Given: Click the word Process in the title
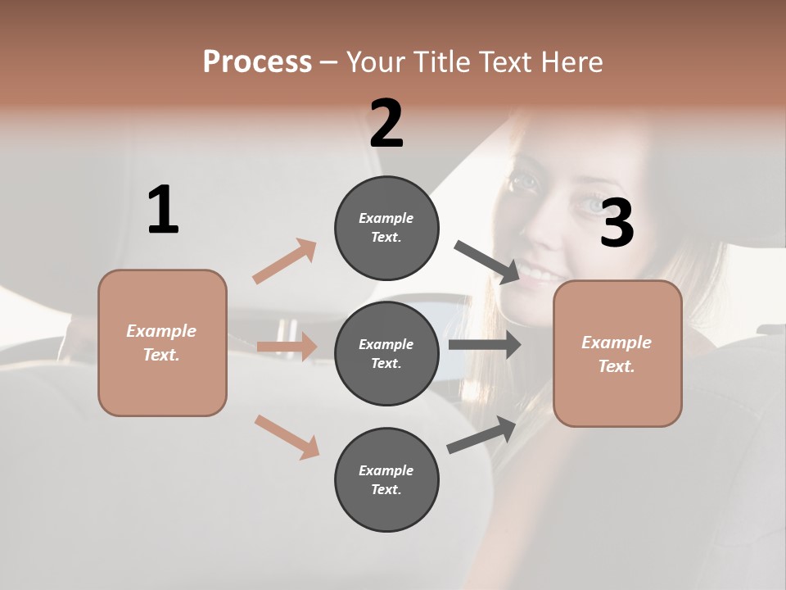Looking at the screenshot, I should (257, 62).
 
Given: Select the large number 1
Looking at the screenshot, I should (163, 211).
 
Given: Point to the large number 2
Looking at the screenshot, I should (386, 124).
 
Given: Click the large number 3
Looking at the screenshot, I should (617, 224).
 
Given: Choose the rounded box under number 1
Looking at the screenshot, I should (162, 343).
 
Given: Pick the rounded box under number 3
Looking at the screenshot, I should (617, 353).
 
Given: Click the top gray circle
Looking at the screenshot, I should (386, 227).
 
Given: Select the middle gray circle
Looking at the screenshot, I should (386, 353).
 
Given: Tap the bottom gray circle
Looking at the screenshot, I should (386, 479).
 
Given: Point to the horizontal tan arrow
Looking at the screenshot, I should (287, 347).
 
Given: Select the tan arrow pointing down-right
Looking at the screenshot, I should (287, 437).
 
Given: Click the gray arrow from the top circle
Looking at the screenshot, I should (487, 262).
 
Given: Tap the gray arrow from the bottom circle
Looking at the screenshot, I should (481, 434).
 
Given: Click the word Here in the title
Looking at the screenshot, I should (573, 62).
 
